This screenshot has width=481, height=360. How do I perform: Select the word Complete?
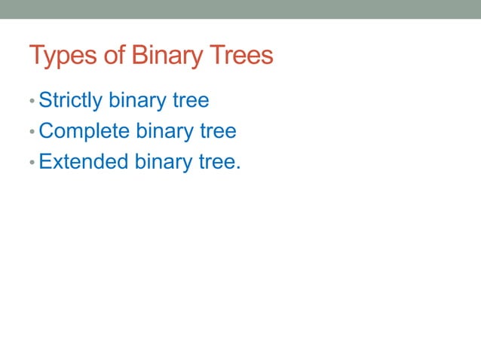[84, 132]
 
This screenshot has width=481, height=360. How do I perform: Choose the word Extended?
[84, 162]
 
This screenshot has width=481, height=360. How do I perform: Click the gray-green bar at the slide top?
[240, 9]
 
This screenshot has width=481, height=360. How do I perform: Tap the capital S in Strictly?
[44, 99]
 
